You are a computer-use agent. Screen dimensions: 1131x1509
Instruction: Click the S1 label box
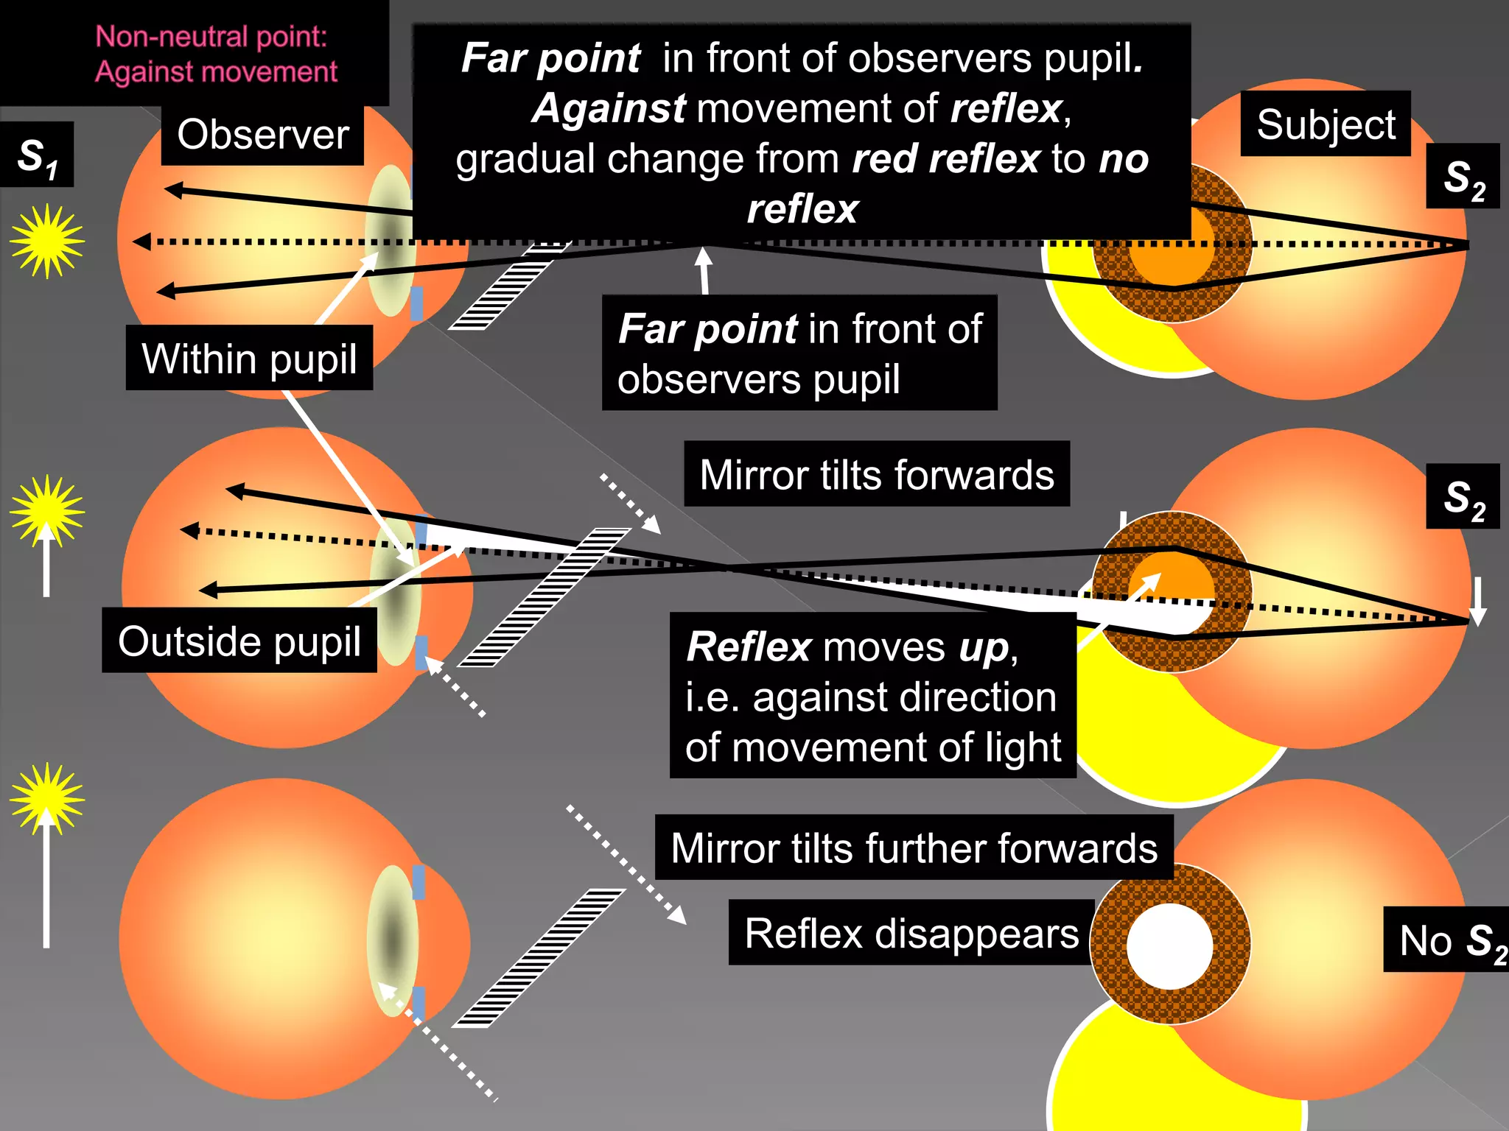37,155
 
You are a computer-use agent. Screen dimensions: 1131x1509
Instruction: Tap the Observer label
262,135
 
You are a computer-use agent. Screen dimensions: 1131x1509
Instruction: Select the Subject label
1325,124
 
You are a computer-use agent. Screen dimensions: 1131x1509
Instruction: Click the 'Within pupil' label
249,358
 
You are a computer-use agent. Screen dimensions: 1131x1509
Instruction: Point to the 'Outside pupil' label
239,641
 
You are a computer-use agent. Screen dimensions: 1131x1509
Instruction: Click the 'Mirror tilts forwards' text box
876,474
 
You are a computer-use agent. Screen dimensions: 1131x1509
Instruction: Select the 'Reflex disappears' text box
911,933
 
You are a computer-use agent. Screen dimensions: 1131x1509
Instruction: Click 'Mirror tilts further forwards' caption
914,848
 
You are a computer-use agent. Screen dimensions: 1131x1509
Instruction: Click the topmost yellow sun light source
47,242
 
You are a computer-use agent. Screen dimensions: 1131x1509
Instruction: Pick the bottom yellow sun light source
47,800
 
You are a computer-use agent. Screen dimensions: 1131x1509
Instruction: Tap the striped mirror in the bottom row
538,957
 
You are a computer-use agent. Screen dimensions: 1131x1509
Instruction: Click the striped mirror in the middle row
544,596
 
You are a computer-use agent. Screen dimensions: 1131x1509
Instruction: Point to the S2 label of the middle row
1463,497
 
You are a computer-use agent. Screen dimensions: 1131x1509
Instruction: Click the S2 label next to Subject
1463,177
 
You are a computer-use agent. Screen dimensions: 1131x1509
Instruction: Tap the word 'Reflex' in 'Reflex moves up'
748,647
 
